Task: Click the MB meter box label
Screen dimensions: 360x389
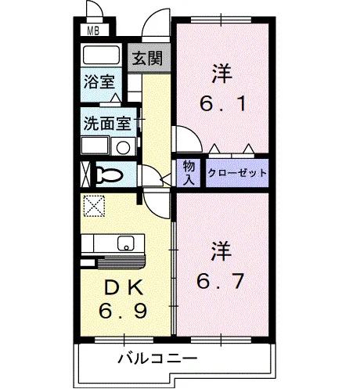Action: [x=93, y=31]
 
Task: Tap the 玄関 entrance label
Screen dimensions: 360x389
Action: [x=147, y=58]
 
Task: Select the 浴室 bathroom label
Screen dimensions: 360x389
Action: [x=99, y=81]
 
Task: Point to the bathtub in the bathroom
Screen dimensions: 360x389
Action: [x=101, y=56]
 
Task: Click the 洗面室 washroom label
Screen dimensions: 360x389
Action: [x=107, y=123]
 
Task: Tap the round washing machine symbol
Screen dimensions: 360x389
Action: [x=123, y=147]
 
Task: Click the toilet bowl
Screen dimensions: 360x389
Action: [x=110, y=174]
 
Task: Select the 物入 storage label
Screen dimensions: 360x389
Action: [x=189, y=173]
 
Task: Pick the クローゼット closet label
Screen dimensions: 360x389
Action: [x=237, y=173]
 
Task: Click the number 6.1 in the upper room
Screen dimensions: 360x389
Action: [x=222, y=104]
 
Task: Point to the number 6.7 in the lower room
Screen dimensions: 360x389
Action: [x=221, y=281]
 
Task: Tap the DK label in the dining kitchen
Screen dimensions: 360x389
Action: [x=123, y=287]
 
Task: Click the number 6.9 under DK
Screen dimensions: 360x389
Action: [x=123, y=311]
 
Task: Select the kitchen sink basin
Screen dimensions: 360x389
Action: [x=126, y=243]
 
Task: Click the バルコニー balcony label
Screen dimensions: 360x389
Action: [x=157, y=358]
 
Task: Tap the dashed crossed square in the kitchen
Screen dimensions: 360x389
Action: [x=94, y=206]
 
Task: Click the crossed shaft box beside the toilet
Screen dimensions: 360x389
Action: [x=85, y=175]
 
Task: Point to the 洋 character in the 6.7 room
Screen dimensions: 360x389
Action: [x=221, y=251]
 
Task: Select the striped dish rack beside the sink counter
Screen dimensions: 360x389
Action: [x=121, y=262]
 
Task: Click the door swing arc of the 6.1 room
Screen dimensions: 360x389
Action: [x=194, y=134]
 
